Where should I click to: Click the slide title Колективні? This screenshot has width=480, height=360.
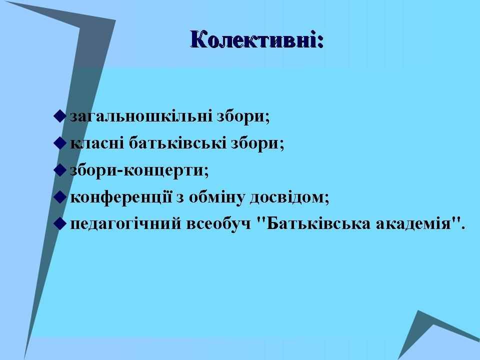(256, 39)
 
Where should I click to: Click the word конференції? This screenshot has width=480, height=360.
(121, 197)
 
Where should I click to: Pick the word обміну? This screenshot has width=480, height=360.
(216, 197)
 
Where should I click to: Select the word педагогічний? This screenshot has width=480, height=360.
(126, 224)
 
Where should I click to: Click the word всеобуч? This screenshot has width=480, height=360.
(218, 224)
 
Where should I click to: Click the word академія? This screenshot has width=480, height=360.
(413, 224)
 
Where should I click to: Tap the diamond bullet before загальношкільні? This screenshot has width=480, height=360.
(59, 116)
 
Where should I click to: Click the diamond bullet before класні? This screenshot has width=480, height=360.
(59, 143)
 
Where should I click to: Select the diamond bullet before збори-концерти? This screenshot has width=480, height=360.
(59, 170)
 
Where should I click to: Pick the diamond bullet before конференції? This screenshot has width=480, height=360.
(59, 197)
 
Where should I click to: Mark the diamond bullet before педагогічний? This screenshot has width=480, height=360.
(59, 224)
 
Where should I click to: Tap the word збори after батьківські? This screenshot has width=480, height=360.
(257, 143)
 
